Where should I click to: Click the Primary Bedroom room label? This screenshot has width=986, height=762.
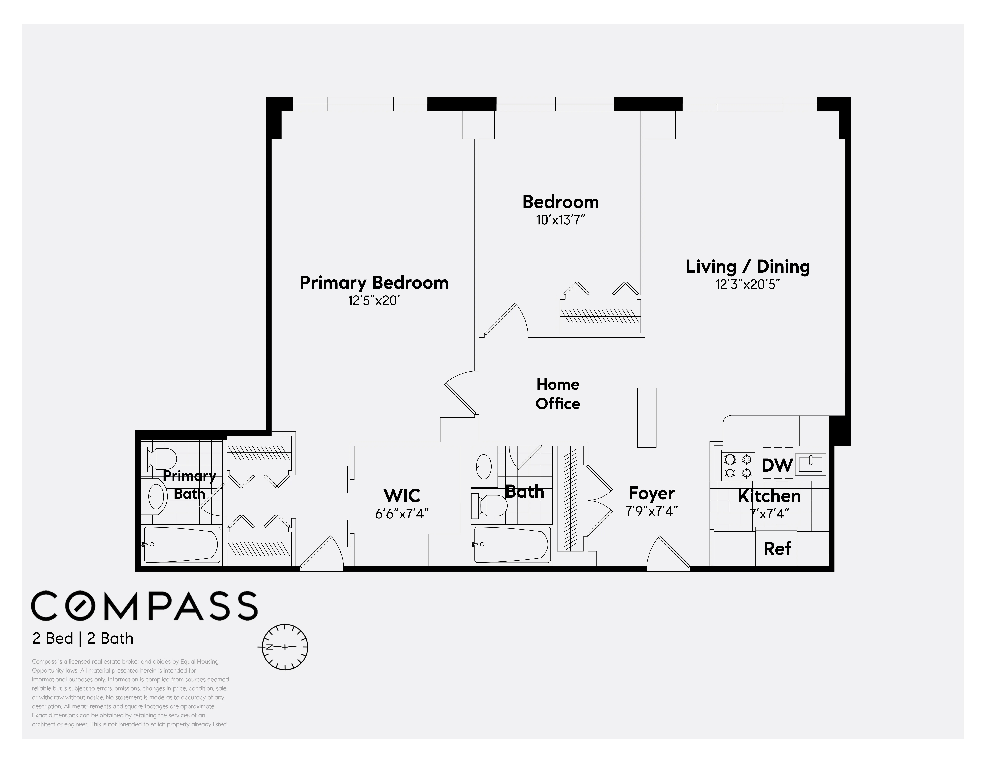pos(374,283)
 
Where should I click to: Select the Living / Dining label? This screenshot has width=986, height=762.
pos(748,266)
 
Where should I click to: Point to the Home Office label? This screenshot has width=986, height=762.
pos(558,394)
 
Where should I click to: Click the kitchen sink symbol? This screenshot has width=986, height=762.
pos(810,464)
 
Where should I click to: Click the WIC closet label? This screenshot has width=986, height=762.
pos(402,496)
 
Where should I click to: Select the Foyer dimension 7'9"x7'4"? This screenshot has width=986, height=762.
pos(652,511)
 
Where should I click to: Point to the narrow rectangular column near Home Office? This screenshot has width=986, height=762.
pos(646,418)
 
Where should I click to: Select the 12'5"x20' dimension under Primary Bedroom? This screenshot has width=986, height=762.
pos(374,301)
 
